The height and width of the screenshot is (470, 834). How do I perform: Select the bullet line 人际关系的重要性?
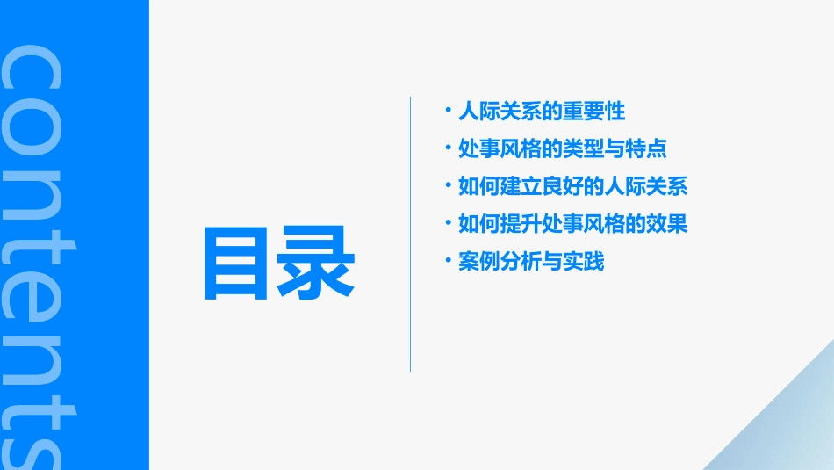(542, 112)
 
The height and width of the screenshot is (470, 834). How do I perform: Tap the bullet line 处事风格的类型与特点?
(563, 148)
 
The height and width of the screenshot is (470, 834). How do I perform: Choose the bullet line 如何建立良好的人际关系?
(572, 186)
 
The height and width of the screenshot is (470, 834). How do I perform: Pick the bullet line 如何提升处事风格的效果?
(572, 224)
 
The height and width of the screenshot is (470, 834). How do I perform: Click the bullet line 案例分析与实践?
(531, 262)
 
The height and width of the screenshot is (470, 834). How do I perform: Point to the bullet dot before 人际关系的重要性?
(449, 110)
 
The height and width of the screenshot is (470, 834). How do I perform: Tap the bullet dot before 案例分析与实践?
(449, 260)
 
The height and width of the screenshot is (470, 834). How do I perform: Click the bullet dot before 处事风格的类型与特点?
(449, 147)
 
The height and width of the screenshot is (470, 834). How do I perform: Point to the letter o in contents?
(31, 132)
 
